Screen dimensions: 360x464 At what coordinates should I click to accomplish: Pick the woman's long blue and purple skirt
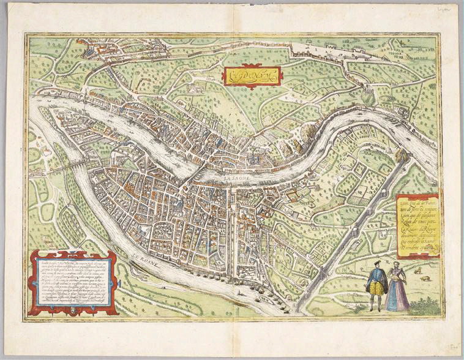point(398,295)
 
